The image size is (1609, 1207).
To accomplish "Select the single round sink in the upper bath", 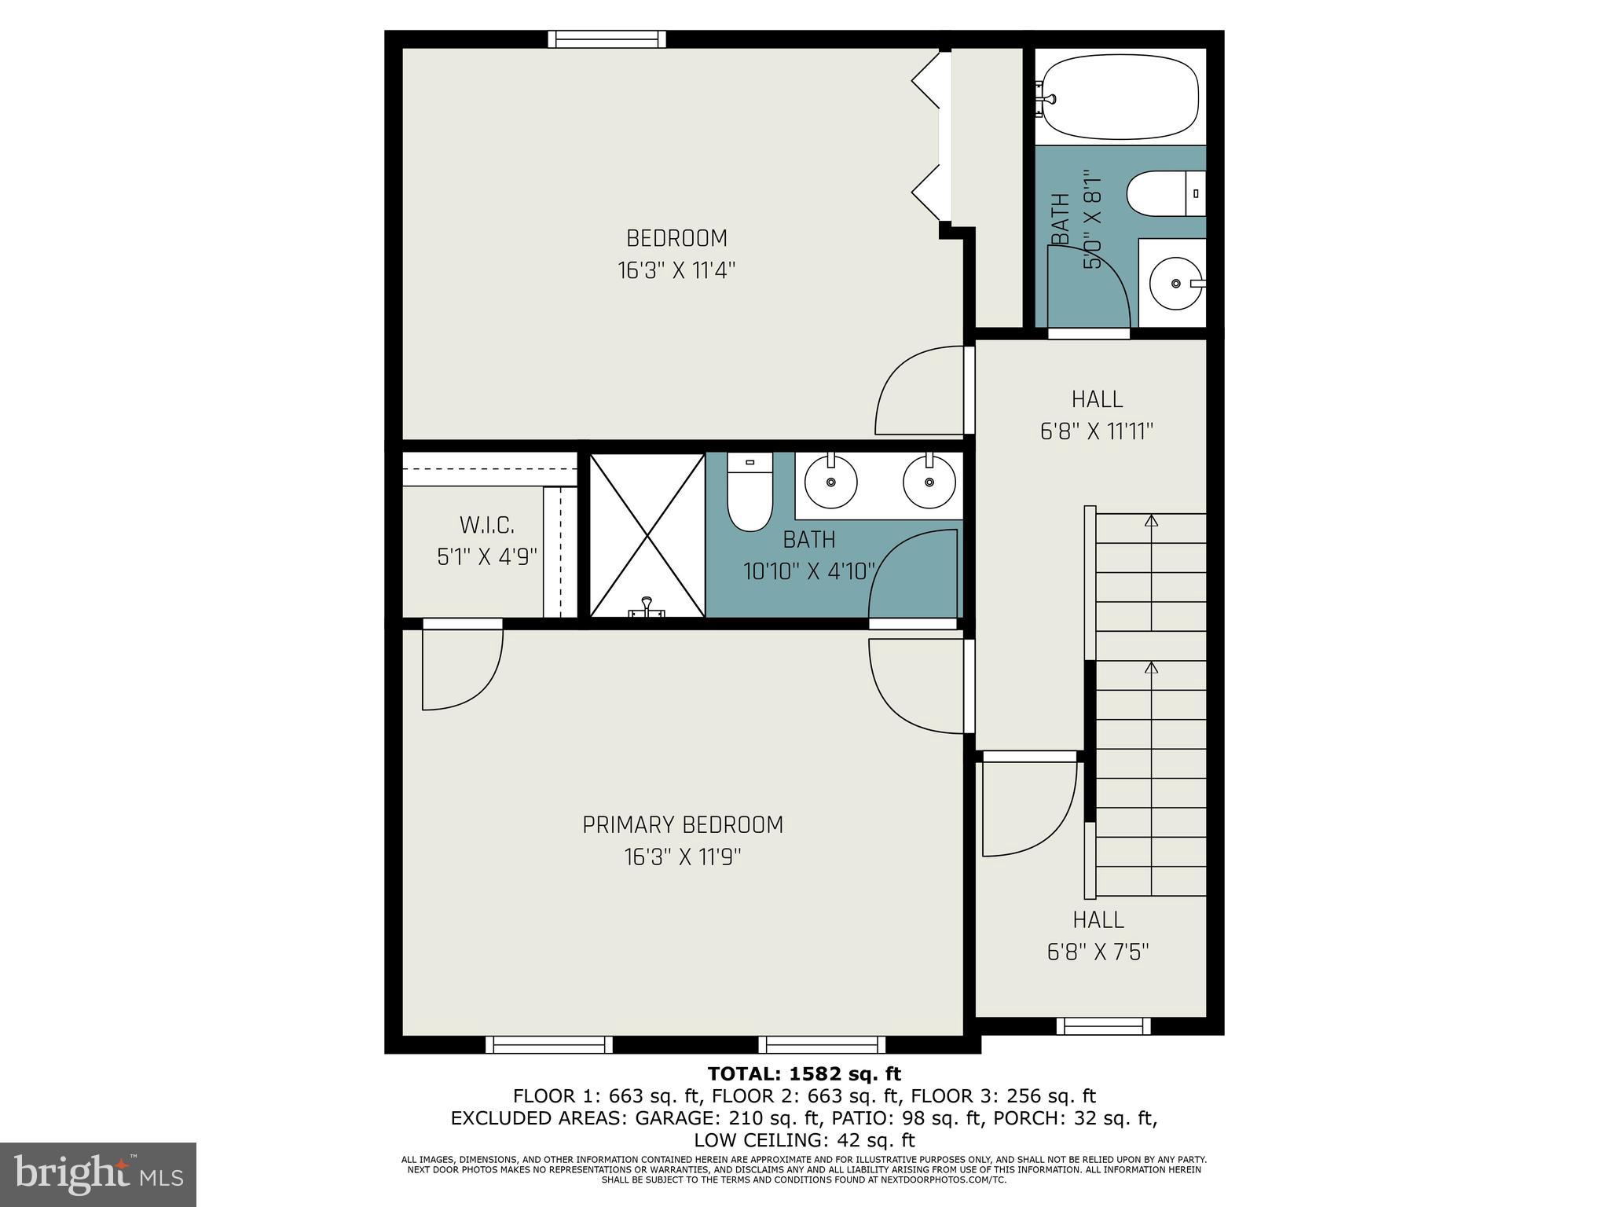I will tap(1175, 283).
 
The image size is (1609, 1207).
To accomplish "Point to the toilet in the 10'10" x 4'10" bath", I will tap(750, 493).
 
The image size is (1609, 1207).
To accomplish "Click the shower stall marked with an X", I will tap(647, 535).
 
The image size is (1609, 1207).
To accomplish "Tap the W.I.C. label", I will tap(487, 524).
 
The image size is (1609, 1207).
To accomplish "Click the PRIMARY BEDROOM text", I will tap(682, 825).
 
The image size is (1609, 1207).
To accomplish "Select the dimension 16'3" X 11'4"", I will tap(676, 271).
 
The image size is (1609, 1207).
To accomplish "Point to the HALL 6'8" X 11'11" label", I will tap(1097, 415).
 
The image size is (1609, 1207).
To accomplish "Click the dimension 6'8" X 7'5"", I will tap(1098, 952).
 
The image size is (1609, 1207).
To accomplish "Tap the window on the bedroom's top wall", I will tap(607, 39).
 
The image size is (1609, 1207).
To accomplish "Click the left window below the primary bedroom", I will tap(548, 1044).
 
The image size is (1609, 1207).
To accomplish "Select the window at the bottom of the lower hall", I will tap(1103, 1026).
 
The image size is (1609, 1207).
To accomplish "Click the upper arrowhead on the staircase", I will tap(1151, 520).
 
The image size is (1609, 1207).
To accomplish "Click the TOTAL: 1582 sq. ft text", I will tap(804, 1073).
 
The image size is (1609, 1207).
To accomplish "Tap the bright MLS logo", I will tap(98, 1174).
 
